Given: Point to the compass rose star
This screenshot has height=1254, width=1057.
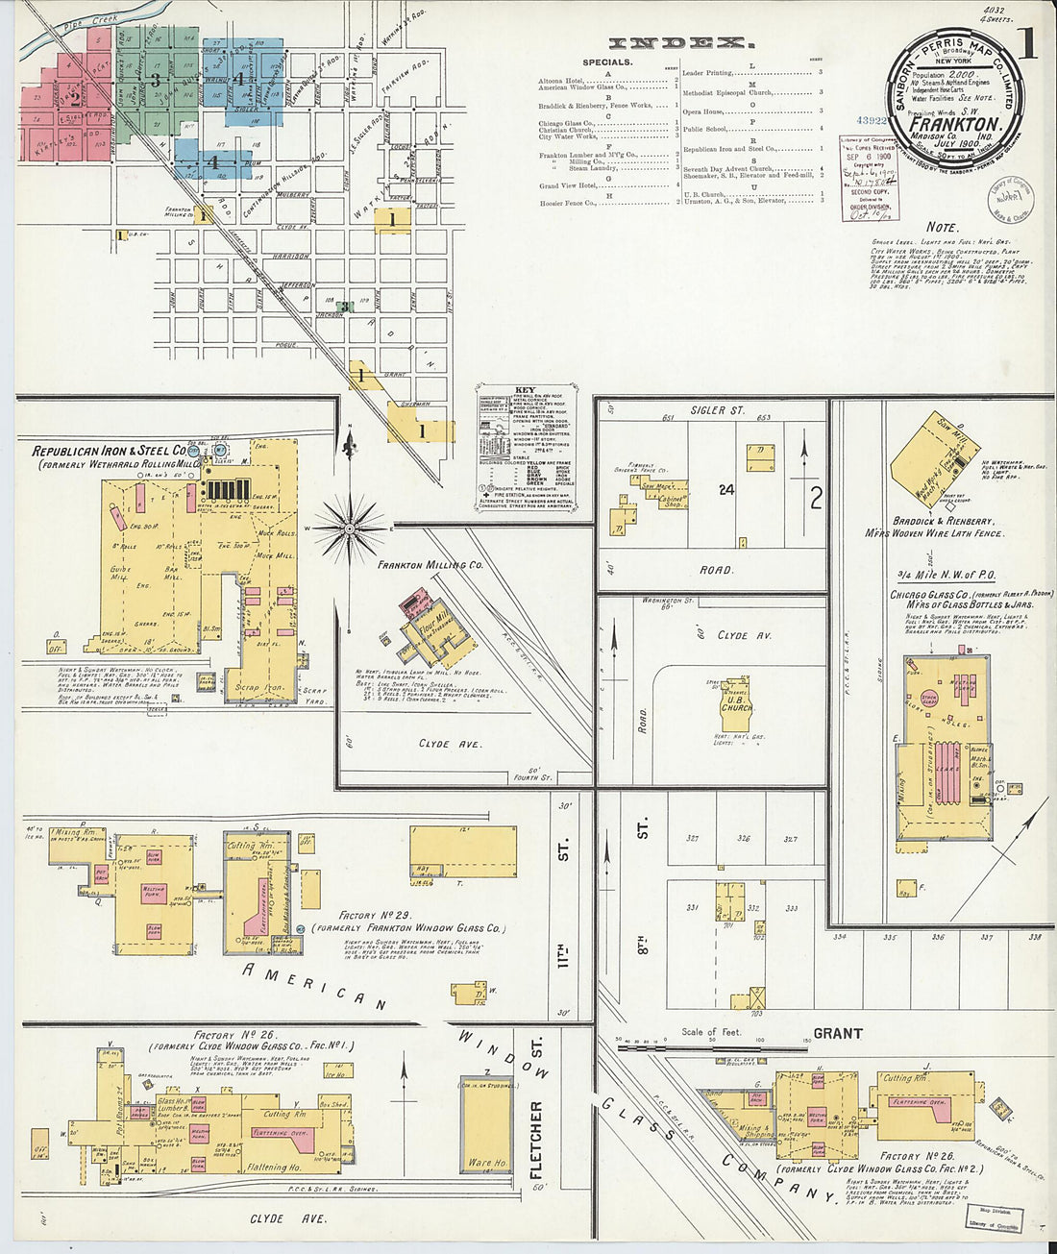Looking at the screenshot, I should [x=350, y=528].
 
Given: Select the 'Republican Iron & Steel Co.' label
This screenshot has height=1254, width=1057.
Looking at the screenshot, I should [x=109, y=451].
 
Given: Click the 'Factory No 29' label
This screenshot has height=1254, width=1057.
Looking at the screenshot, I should [x=375, y=916].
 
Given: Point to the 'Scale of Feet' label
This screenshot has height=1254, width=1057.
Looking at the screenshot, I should [x=712, y=1032].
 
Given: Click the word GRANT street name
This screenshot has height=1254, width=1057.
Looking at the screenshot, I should [x=838, y=1034].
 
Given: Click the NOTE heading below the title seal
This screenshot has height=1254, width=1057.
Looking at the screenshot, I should [x=942, y=228].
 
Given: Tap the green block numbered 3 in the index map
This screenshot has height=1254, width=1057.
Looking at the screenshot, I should [x=157, y=80].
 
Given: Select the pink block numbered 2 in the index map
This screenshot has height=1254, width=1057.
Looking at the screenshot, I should [x=74, y=96].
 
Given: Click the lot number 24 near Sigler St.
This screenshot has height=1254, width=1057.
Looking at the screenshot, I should [x=726, y=490].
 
